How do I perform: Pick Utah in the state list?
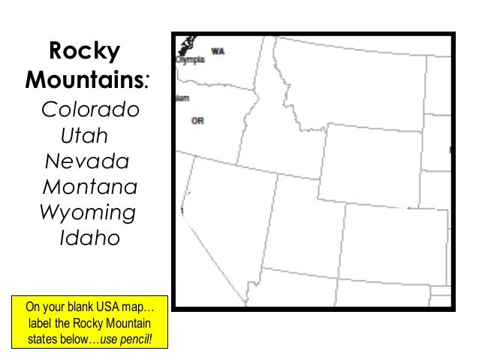[83, 137]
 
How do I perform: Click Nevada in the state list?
[87, 162]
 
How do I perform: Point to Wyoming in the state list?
[88, 212]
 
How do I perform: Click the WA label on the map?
[218, 51]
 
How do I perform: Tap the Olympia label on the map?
[190, 60]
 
